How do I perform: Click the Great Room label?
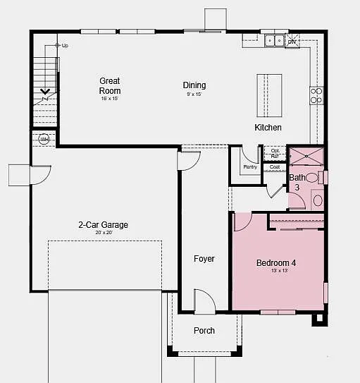(x=110, y=85)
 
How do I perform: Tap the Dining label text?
(x=194, y=85)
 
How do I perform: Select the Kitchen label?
(x=268, y=128)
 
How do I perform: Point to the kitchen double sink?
(x=274, y=41)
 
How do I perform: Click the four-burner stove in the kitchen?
(x=316, y=95)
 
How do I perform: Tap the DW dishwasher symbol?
(x=292, y=42)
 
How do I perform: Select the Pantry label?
(x=250, y=167)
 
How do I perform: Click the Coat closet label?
(x=275, y=167)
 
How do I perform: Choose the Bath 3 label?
(x=297, y=183)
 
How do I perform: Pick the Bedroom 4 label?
(x=275, y=263)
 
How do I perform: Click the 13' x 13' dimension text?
(x=275, y=271)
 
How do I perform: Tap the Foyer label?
(x=204, y=259)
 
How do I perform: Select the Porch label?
(x=204, y=331)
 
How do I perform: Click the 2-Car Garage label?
(x=103, y=225)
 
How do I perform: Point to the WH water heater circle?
(x=44, y=139)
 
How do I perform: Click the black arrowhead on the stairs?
(x=45, y=91)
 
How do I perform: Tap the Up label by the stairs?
(x=65, y=46)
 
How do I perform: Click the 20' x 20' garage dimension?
(x=103, y=233)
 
